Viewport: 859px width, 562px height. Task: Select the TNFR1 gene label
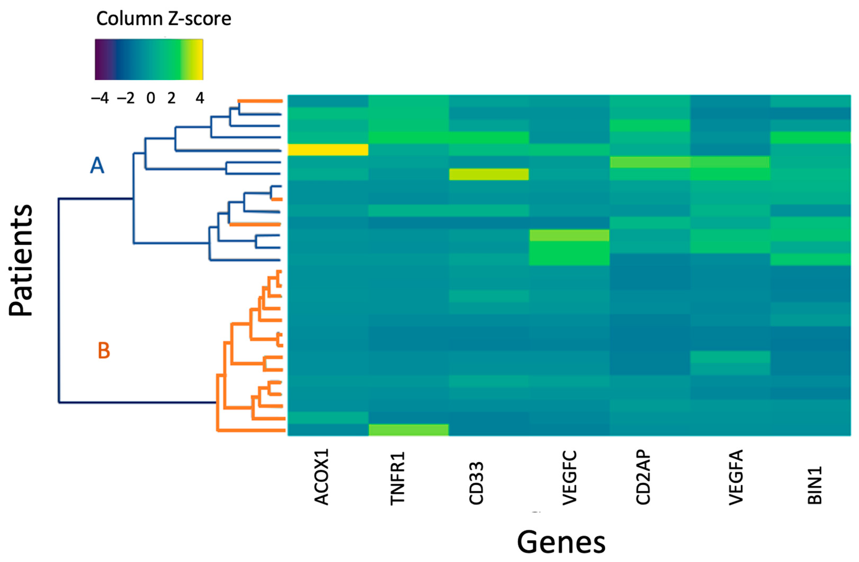click(x=398, y=478)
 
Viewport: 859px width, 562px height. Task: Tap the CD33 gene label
click(x=476, y=483)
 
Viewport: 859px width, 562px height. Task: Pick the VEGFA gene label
click(x=736, y=477)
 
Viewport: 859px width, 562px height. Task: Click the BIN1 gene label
click(x=815, y=485)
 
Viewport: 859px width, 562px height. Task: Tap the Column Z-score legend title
click(x=164, y=18)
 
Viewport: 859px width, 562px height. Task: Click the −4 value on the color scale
click(x=100, y=98)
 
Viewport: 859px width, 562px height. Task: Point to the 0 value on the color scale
click(x=151, y=98)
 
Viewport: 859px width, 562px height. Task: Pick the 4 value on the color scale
click(x=200, y=98)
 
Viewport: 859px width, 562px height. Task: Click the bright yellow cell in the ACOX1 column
click(x=328, y=150)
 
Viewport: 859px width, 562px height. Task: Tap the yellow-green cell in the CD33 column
click(x=489, y=174)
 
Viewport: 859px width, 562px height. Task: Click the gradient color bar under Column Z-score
click(x=149, y=59)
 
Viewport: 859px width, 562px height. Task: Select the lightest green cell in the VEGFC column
click(x=569, y=236)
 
